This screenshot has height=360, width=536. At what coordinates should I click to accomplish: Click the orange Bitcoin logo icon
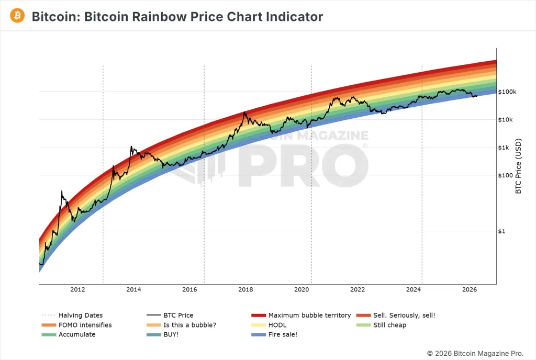point(17,16)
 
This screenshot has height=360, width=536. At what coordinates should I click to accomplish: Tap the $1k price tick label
point(505,148)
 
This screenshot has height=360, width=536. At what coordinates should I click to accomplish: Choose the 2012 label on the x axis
point(77,289)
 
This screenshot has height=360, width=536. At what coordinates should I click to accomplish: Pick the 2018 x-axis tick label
point(245,289)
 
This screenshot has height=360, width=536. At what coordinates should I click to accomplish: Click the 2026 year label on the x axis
point(470,289)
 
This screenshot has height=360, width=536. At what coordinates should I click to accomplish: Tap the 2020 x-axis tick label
point(301,289)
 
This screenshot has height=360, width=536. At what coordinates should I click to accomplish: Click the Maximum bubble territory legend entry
point(309,316)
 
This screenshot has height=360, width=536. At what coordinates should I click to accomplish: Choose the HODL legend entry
point(277,325)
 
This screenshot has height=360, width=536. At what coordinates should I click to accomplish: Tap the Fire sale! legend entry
point(283,334)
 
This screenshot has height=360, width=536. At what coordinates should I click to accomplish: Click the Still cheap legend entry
point(389,325)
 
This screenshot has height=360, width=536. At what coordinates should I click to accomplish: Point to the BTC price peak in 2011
point(62,192)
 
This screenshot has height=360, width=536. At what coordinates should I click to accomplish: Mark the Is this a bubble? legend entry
point(189,325)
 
